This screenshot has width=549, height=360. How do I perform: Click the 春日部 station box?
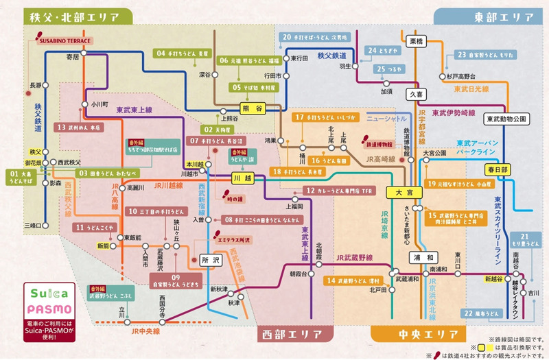pos(499,169)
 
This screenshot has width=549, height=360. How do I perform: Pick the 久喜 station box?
pos(418,92)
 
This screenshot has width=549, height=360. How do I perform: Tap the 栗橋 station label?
pos(417,42)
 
